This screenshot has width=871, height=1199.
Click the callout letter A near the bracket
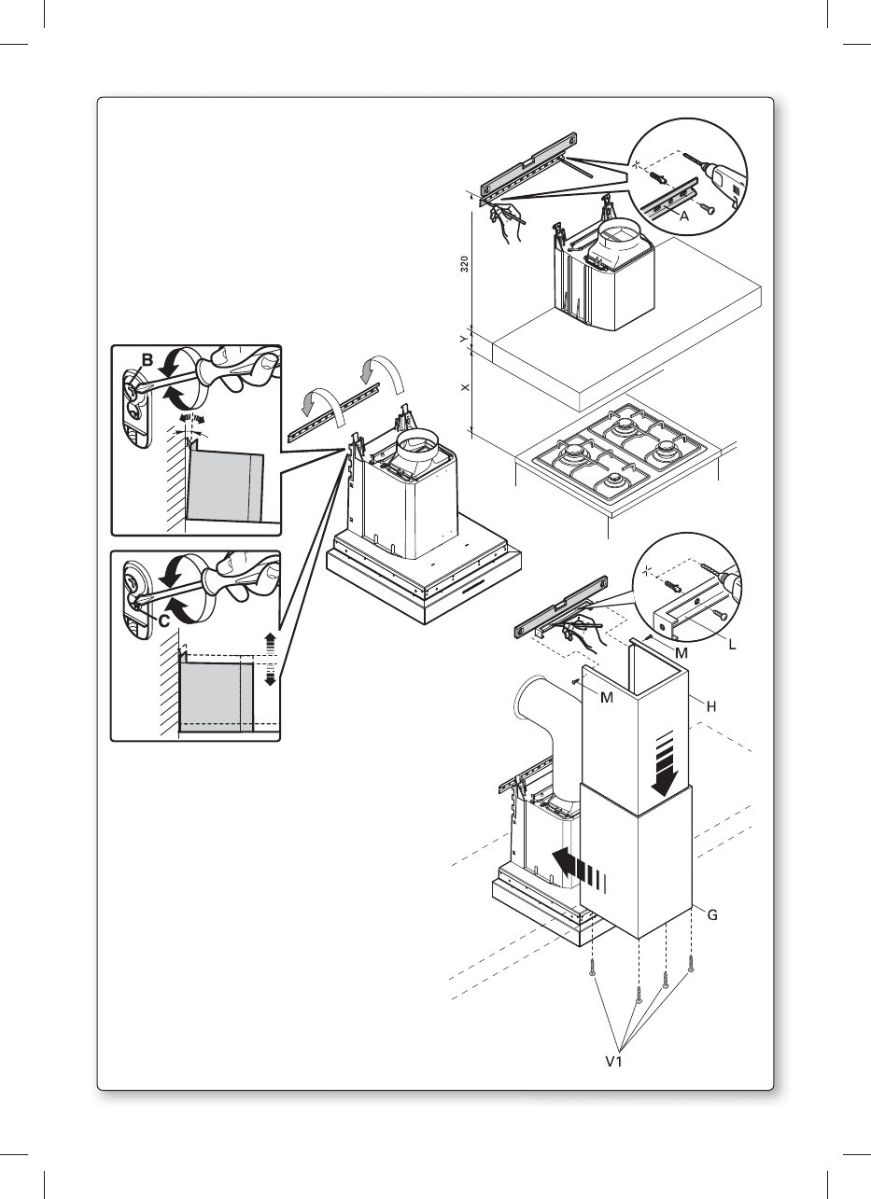(684, 215)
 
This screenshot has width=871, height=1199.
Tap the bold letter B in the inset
(147, 360)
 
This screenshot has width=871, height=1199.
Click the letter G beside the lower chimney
(711, 915)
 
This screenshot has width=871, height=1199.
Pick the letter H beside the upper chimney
(710, 707)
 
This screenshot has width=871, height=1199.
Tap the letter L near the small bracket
(733, 645)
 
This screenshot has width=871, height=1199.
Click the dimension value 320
(464, 265)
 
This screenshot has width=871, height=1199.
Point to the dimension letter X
(464, 386)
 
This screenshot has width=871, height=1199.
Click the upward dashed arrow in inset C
(271, 642)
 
